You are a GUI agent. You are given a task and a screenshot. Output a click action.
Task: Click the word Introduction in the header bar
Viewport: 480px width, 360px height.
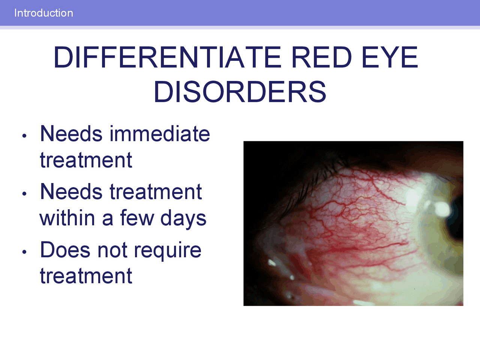(x=43, y=13)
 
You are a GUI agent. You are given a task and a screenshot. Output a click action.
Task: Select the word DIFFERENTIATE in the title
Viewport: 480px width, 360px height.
(x=167, y=58)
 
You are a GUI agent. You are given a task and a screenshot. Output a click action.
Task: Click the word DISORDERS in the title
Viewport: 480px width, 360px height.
(x=240, y=92)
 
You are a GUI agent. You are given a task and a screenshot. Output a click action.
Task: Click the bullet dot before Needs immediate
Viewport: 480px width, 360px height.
(x=24, y=136)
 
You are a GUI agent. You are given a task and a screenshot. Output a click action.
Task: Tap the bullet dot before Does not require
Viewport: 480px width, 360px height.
(x=24, y=252)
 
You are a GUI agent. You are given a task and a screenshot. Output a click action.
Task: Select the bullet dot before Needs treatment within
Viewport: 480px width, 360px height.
(x=24, y=194)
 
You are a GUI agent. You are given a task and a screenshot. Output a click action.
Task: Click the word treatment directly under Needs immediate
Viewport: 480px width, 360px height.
(x=86, y=160)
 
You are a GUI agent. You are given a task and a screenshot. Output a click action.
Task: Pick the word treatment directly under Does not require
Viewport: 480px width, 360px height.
(x=86, y=276)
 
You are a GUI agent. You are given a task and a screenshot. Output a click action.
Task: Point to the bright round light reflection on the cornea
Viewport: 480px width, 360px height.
(x=442, y=209)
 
